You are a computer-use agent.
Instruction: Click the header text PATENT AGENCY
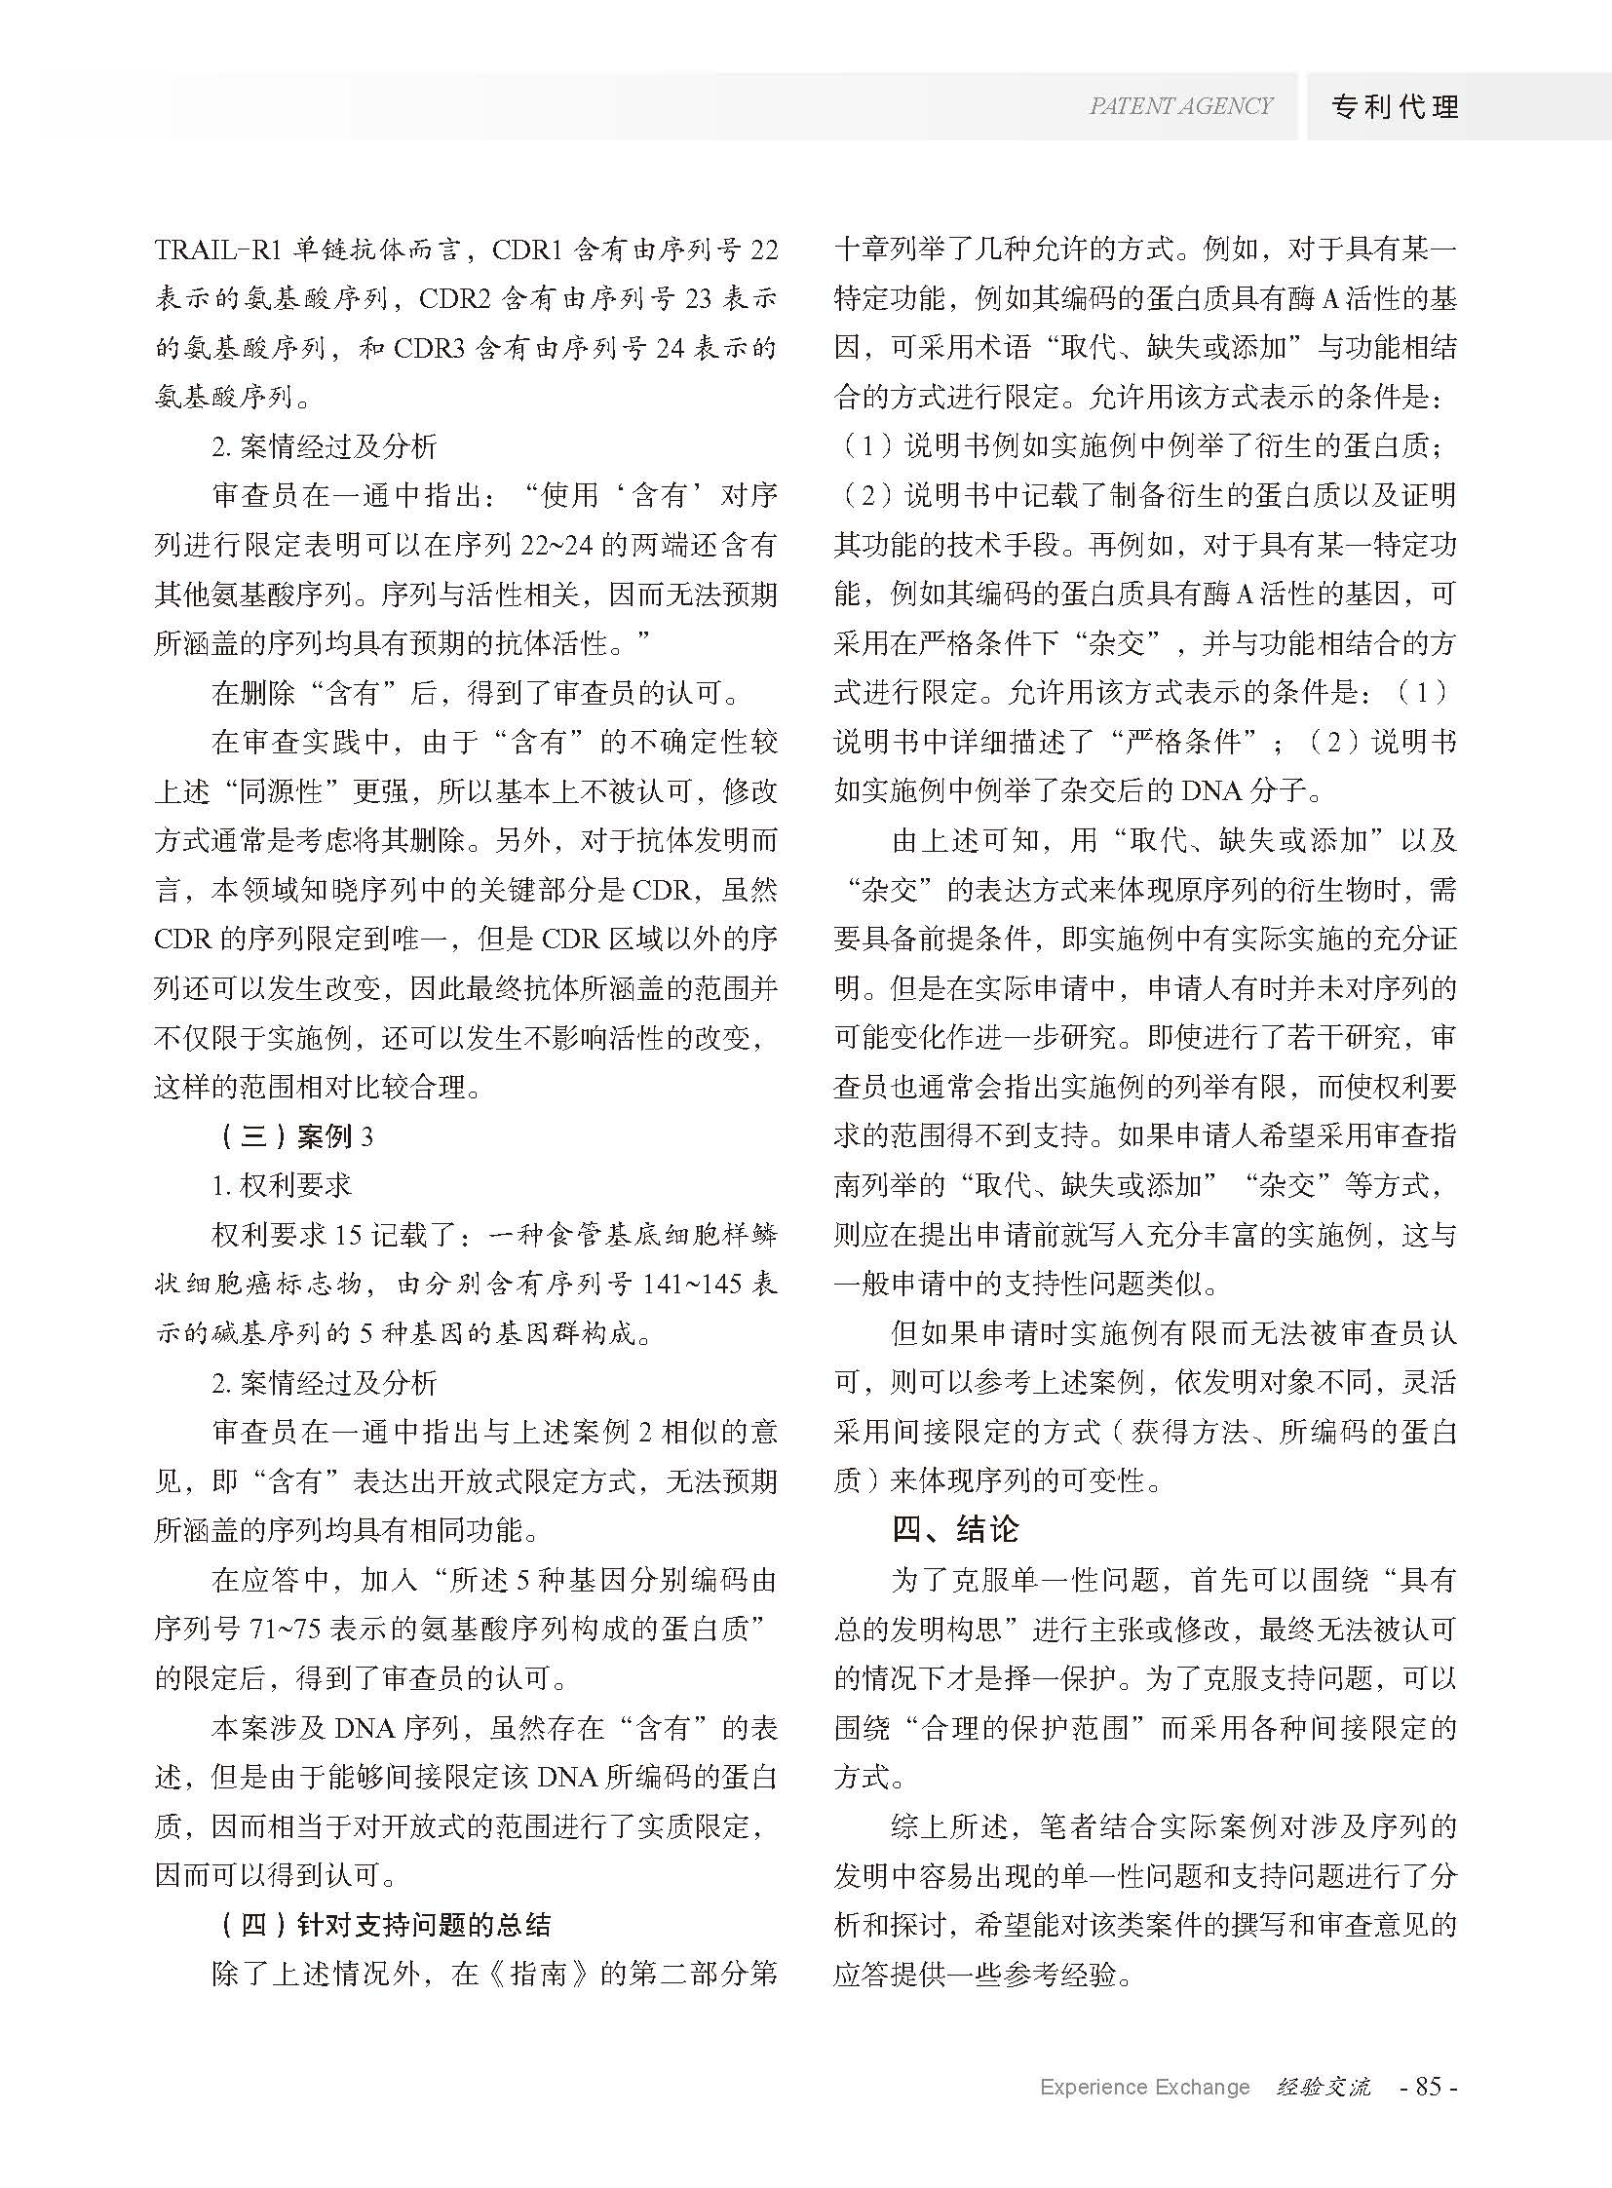[x=1181, y=106]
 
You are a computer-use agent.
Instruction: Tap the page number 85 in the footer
[x=1429, y=2087]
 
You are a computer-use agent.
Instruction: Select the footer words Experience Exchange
[x=1144, y=2087]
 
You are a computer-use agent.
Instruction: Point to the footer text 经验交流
[x=1324, y=2087]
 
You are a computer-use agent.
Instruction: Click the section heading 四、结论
[x=955, y=1528]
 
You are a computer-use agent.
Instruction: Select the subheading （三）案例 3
[x=291, y=1136]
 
